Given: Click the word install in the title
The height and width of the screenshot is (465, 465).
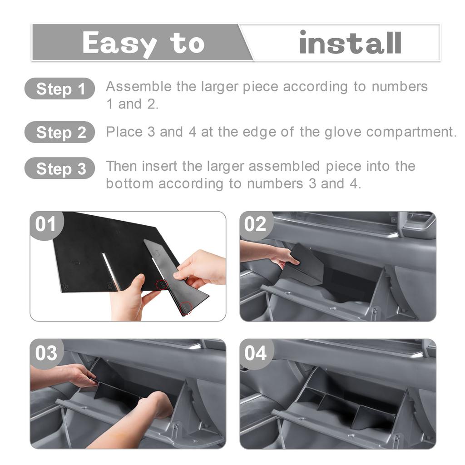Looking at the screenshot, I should click(350, 43).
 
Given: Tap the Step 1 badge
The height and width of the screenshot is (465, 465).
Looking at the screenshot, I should click(60, 89).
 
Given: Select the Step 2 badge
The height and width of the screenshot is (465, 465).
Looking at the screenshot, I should click(60, 132).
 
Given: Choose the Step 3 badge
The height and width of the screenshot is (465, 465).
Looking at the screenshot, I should click(60, 168).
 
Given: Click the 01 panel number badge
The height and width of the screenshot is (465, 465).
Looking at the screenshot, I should click(45, 224).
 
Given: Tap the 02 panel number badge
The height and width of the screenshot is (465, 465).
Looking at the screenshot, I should click(255, 224).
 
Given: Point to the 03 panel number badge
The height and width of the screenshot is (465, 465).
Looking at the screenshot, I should click(46, 353).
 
